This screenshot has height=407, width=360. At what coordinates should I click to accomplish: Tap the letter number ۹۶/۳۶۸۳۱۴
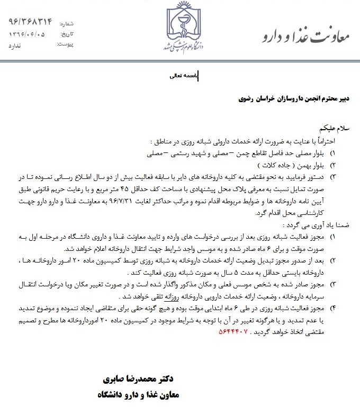tap(31, 22)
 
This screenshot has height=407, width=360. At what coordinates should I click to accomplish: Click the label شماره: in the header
tap(74, 24)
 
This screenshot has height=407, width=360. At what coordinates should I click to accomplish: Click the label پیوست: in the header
tap(76, 46)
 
